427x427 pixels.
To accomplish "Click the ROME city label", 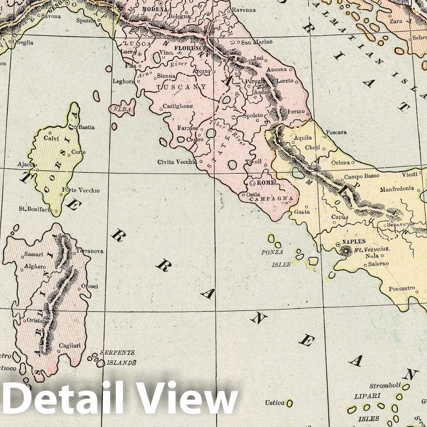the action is [x=266, y=182].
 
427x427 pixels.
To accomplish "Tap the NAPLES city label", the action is [x=354, y=242].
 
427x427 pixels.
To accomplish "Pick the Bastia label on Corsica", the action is [x=86, y=127].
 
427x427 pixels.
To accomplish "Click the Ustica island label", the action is [x=274, y=403].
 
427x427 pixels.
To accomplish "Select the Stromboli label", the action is [x=385, y=386].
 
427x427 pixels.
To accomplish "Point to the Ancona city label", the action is [x=276, y=70].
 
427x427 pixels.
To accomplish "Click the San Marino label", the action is [x=254, y=42].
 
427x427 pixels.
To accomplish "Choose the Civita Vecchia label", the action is [x=176, y=162].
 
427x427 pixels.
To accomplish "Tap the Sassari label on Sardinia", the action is [x=33, y=254].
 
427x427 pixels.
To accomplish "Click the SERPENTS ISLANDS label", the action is [x=118, y=358].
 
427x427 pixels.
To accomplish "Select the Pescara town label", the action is [x=336, y=133].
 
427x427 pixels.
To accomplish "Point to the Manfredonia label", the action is [x=397, y=188].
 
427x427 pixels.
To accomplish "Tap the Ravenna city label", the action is [x=244, y=10].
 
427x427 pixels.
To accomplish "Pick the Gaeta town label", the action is [x=302, y=212].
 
